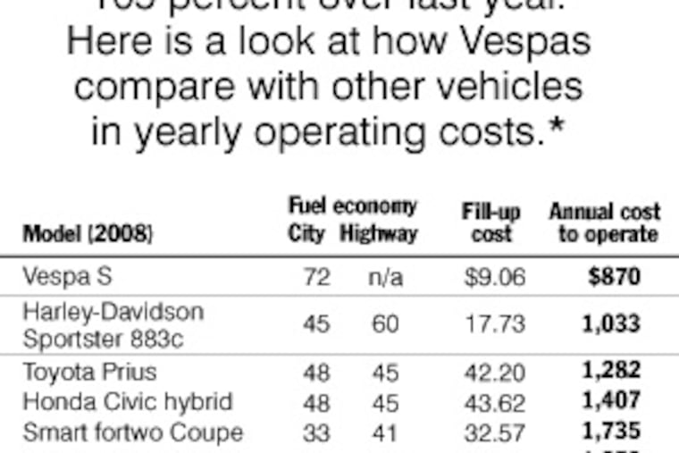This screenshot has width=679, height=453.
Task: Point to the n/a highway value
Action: [385, 278]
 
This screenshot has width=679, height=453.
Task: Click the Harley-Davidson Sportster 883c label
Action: [113, 324]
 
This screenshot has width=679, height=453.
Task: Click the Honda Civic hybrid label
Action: [127, 401]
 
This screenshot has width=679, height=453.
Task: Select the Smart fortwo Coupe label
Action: [132, 432]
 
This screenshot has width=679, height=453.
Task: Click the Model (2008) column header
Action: [87, 234]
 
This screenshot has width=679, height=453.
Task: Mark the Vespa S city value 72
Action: [315, 278]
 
